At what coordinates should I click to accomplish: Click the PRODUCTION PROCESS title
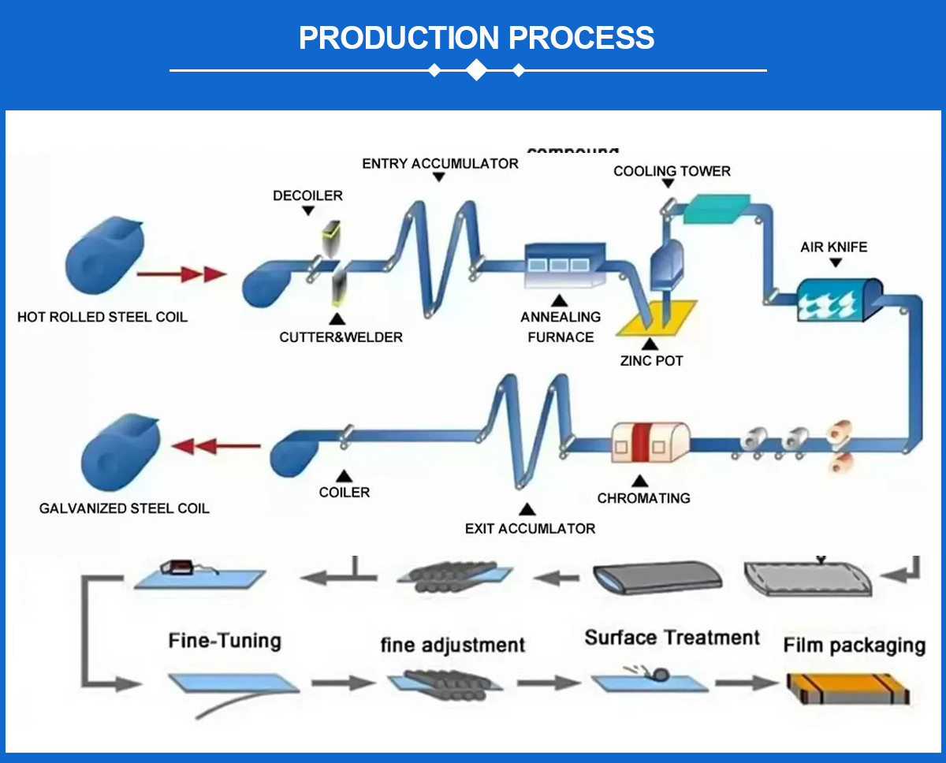pos(476,38)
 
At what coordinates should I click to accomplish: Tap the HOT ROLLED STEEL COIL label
pos(102,318)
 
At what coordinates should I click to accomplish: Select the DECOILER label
pos(308,195)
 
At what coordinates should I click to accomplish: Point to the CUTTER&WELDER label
pos(341,337)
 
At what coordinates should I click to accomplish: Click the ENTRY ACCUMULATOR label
pos(440,164)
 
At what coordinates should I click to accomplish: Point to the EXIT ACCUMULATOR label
pos(530,528)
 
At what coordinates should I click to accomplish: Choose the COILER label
pos(344,493)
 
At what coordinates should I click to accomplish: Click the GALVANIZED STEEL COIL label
pos(125,509)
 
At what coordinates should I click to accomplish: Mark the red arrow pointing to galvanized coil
pos(216,447)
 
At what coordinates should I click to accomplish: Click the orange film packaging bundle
pos(847,687)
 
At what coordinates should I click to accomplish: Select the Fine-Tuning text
pos(225,639)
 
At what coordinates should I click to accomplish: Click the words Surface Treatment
pos(672,638)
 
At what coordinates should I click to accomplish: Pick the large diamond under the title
pos(476,70)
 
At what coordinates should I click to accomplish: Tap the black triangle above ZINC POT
pos(650,344)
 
